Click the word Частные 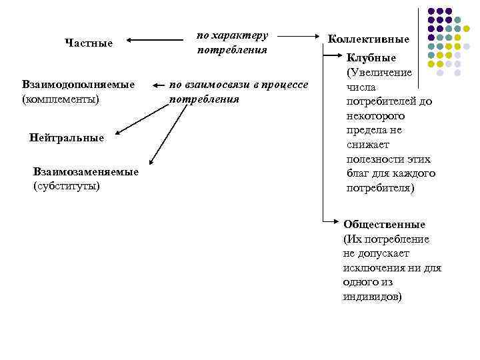(89, 43)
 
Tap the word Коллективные (368, 40)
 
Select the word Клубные (371, 58)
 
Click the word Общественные (384, 225)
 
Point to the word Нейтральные (67, 138)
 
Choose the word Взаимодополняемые (78, 85)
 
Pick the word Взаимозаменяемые (86, 172)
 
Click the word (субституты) (66, 185)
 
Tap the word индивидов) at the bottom (373, 297)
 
